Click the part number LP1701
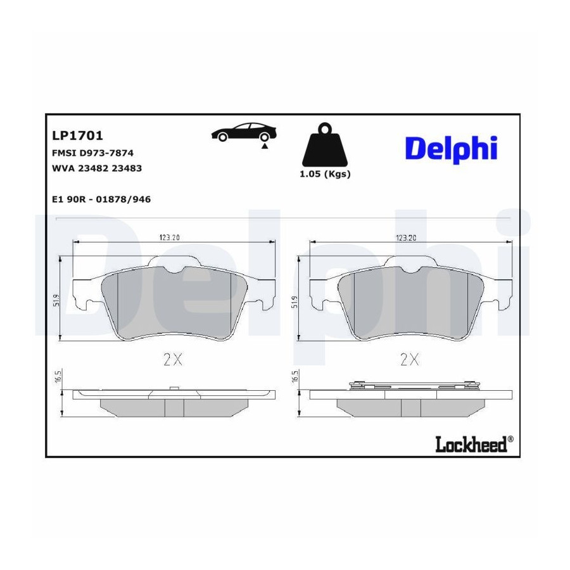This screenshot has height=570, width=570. tap(77, 136)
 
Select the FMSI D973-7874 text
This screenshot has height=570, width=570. tap(92, 153)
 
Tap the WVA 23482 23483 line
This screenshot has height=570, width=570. tap(97, 168)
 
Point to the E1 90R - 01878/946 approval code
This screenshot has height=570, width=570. tap(101, 199)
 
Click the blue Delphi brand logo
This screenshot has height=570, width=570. tap(451, 149)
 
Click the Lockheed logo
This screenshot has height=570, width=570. tap(471, 444)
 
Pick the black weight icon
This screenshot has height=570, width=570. tap(325, 144)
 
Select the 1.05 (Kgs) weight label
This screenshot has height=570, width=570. tap(325, 174)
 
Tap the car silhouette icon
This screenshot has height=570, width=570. tap(244, 132)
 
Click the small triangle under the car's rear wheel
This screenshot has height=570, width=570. tap(265, 146)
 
